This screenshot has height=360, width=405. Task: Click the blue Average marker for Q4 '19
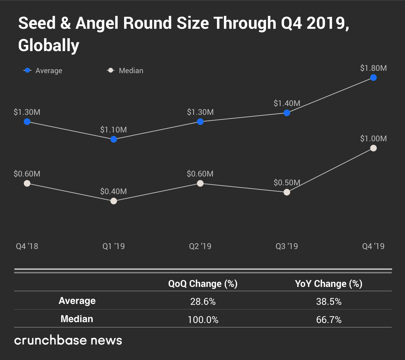point(373,78)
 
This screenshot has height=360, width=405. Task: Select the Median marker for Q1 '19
point(114,201)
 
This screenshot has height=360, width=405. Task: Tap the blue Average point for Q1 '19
point(114,139)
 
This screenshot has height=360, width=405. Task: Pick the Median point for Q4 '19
point(373,148)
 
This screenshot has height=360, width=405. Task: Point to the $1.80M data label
point(373,68)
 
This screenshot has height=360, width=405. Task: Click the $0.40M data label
point(114,191)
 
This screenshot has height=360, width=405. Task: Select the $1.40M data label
point(287,103)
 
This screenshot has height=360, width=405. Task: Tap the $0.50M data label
point(287,183)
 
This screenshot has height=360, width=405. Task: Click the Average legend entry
point(43,71)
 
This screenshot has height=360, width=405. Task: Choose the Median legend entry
point(126,71)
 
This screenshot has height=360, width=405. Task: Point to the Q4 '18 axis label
point(27,246)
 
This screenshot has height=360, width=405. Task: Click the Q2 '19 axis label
point(200,246)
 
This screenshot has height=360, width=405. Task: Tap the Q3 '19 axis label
point(287,246)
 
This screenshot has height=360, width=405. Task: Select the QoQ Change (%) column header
point(203,284)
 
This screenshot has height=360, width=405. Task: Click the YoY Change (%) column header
point(329,284)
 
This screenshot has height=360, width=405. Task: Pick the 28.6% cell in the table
point(203,302)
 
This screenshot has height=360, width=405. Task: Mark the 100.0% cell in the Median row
point(203,320)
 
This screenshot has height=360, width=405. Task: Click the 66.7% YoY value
point(329,320)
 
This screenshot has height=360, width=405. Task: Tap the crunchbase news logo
point(68,340)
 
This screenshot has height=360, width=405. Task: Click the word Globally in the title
point(49,46)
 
